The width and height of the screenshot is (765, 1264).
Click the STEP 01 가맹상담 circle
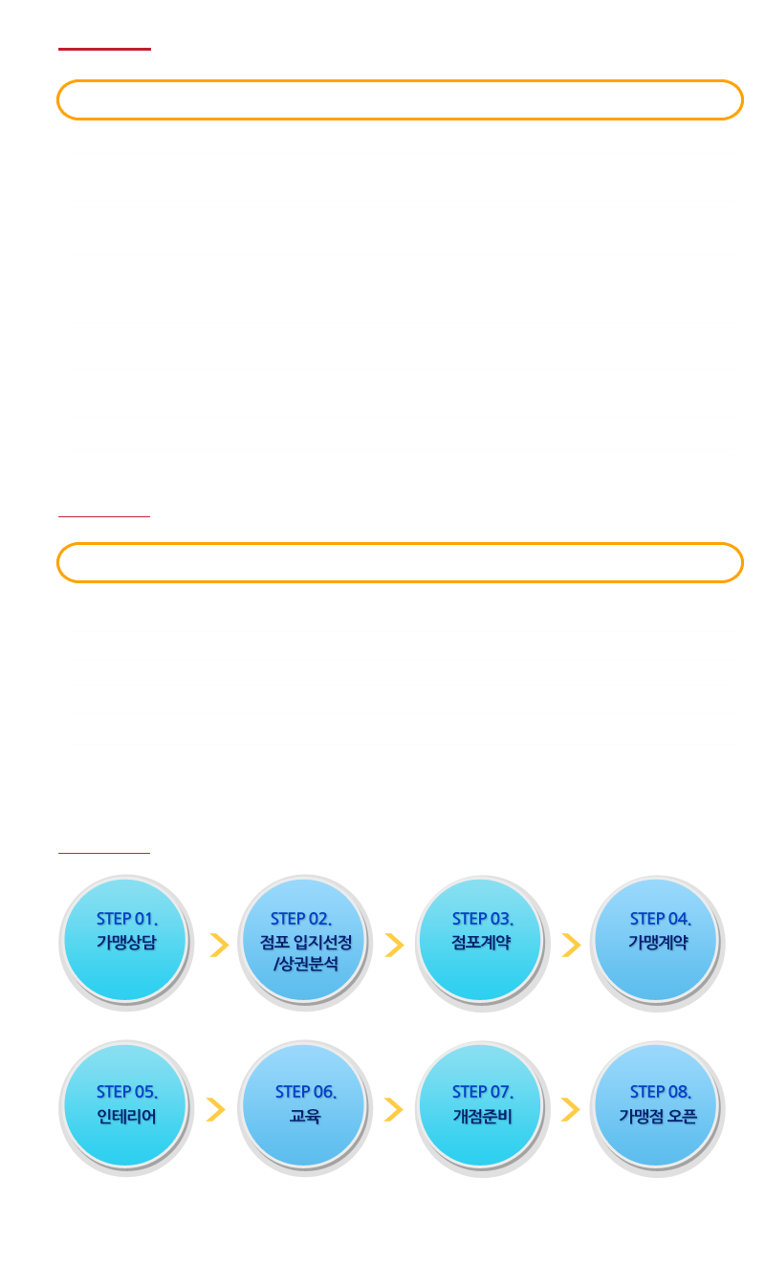coord(126,942)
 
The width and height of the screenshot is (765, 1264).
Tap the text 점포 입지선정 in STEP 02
coord(306,942)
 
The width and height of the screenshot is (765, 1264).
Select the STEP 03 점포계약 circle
coord(482,942)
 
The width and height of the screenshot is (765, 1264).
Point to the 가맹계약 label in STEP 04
coord(658,942)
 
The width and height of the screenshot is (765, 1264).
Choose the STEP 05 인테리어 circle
coord(126,1108)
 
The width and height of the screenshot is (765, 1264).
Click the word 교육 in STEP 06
coord(305,1116)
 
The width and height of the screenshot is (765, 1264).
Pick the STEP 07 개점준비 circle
coord(482,1108)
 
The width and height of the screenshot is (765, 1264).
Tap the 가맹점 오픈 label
coord(658,1116)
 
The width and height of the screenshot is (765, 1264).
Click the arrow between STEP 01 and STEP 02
coord(219,945)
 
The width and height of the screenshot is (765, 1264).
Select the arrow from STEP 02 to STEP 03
coord(394,945)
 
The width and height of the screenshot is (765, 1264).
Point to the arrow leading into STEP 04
coord(571,945)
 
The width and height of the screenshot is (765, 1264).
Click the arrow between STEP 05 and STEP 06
coord(216,1109)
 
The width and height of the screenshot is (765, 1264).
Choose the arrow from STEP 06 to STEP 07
coord(394,1109)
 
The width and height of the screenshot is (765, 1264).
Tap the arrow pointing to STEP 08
coord(570,1109)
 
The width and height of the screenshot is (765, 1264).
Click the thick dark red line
coord(104,49)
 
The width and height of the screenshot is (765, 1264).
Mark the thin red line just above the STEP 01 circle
coord(104,853)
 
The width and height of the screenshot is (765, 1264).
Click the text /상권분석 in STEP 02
coord(306,964)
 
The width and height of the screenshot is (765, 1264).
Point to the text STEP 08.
coord(660,1092)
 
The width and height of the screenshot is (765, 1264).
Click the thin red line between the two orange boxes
coord(104,516)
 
